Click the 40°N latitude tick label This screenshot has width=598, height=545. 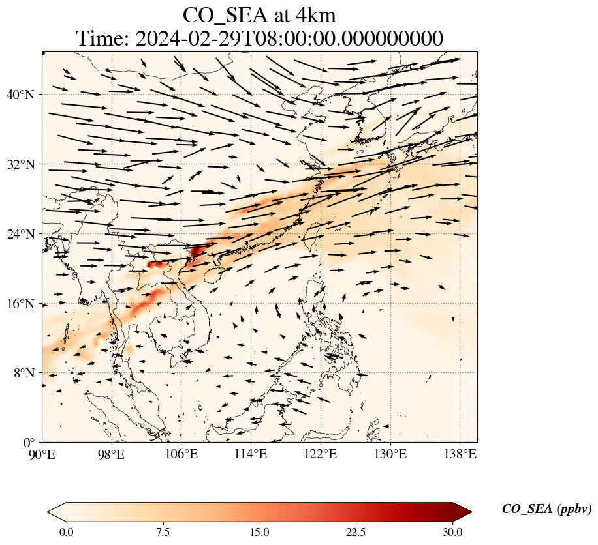tap(24, 95)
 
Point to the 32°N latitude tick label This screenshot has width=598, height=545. tap(24, 164)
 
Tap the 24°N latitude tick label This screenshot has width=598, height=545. tap(24, 234)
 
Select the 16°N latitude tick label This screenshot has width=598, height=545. tap(24, 304)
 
